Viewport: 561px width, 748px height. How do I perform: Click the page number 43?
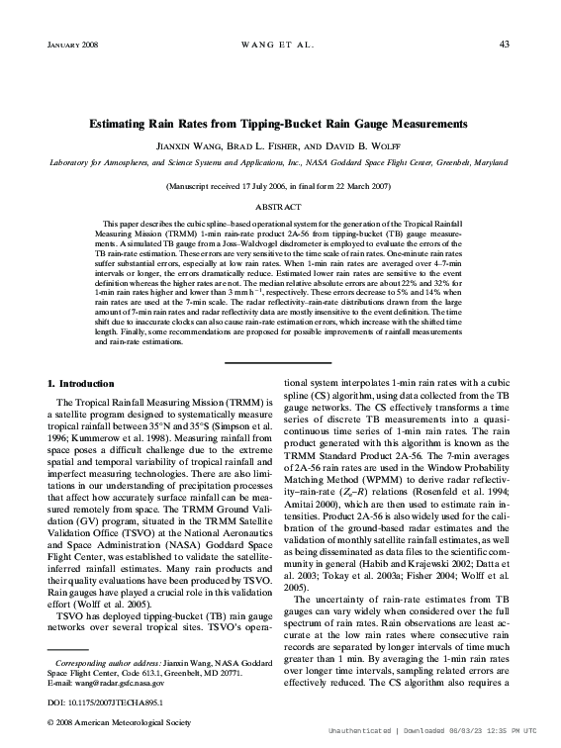504,44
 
